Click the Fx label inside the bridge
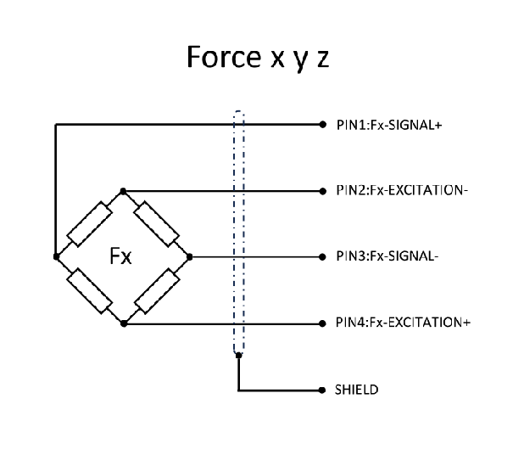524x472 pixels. pos(121,256)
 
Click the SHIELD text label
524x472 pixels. pos(357,390)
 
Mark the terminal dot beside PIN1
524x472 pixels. pos(322,124)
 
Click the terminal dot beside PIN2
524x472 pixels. pos(322,190)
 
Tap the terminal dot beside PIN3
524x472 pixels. pos(322,256)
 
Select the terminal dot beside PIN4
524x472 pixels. pos(322,323)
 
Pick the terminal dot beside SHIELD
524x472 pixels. pos(322,390)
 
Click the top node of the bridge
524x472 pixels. pos(123,190)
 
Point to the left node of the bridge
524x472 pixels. pos(56,256)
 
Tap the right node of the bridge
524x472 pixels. pos(189,256)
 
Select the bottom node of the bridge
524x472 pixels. pos(123,323)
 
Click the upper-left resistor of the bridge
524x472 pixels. pos(88,223)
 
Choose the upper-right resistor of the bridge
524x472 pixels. pos(156,222)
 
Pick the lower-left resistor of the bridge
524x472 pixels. pos(88,290)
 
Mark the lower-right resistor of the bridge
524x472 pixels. pos(156,290)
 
